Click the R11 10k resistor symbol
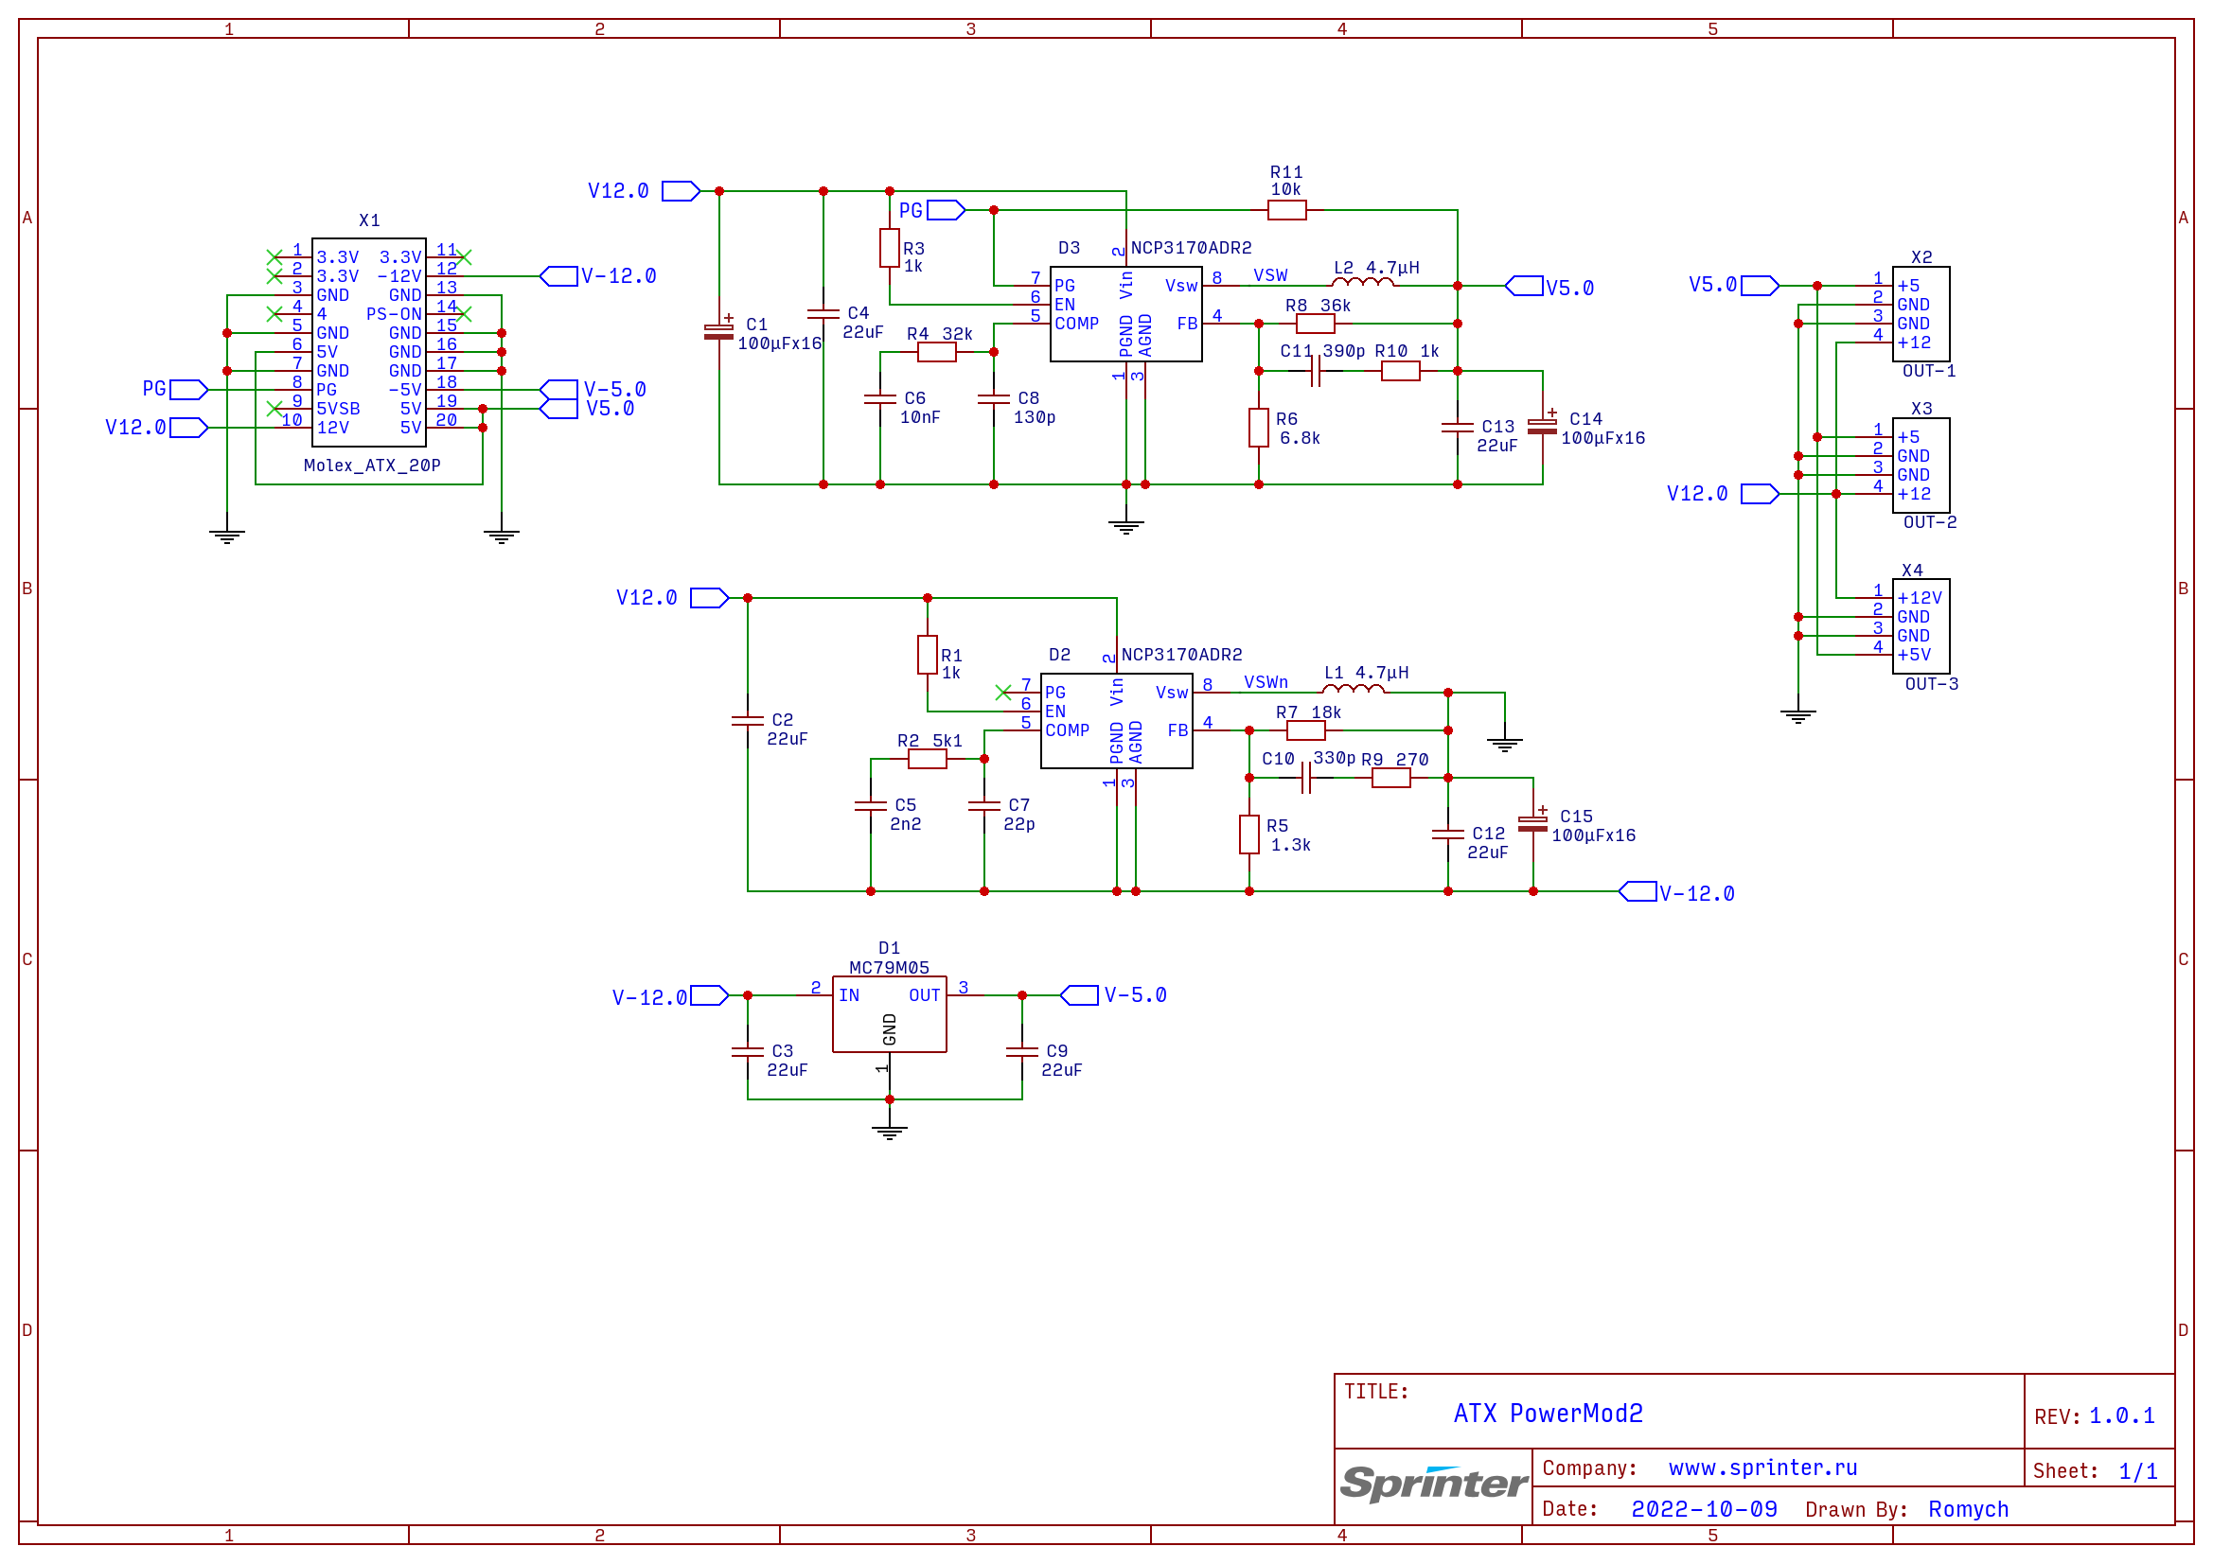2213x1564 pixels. (1285, 210)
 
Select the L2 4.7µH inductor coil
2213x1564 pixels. (1362, 282)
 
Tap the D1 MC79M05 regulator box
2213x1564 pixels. (889, 1013)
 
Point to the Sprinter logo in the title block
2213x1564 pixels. (1433, 1483)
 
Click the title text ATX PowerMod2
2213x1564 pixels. (1548, 1414)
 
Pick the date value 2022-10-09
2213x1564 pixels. (1703, 1509)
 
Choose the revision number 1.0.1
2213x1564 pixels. (2121, 1415)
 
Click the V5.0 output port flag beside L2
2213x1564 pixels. (1524, 286)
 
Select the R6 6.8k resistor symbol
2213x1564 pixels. (1258, 427)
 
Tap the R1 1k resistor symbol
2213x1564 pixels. (928, 655)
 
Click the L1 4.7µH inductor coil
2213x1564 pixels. (1353, 689)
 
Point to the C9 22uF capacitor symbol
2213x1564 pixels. (1021, 1051)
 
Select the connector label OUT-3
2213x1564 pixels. (1931, 684)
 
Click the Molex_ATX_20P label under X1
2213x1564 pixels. (371, 466)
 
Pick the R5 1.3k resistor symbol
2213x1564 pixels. (1248, 834)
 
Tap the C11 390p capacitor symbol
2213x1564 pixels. (1315, 371)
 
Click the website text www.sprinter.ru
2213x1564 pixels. (1762, 1467)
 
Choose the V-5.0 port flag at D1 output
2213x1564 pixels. (1078, 995)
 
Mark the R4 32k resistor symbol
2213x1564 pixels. (936, 352)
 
